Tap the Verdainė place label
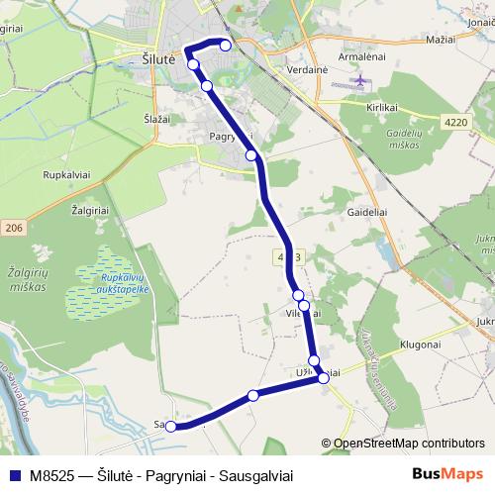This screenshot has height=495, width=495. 280,70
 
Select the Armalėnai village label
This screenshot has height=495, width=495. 360,57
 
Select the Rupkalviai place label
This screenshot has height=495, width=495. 67,174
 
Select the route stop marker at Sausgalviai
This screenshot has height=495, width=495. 170,427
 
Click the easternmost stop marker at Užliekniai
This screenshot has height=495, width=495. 323,378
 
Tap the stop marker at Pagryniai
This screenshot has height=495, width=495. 251,155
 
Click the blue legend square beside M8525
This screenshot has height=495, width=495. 13,473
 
